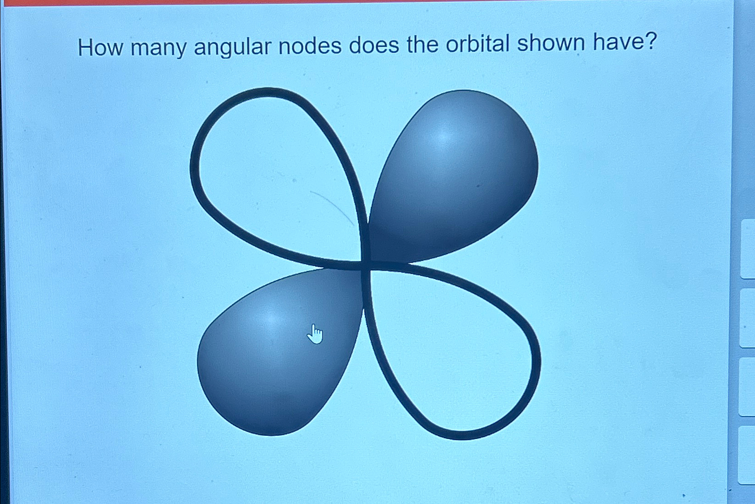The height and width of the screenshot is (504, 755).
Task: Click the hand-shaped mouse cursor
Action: tap(315, 334)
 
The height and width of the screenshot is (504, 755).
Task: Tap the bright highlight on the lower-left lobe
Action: tap(271, 318)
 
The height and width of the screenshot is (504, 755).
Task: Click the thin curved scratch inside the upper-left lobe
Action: tap(332, 206)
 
